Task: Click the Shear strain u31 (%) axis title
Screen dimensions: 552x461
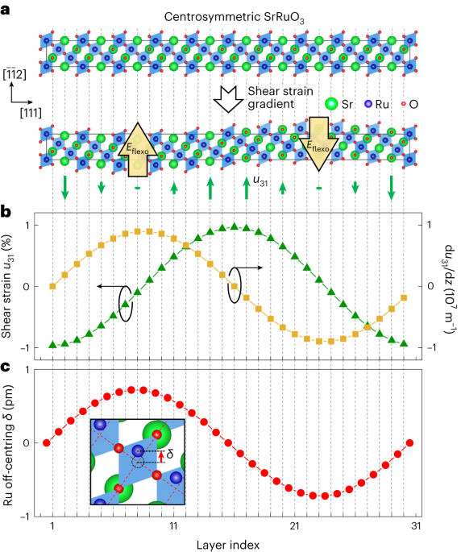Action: click(11, 287)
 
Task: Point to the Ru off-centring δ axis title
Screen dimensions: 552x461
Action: click(11, 442)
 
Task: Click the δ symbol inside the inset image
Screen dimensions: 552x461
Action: click(170, 454)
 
